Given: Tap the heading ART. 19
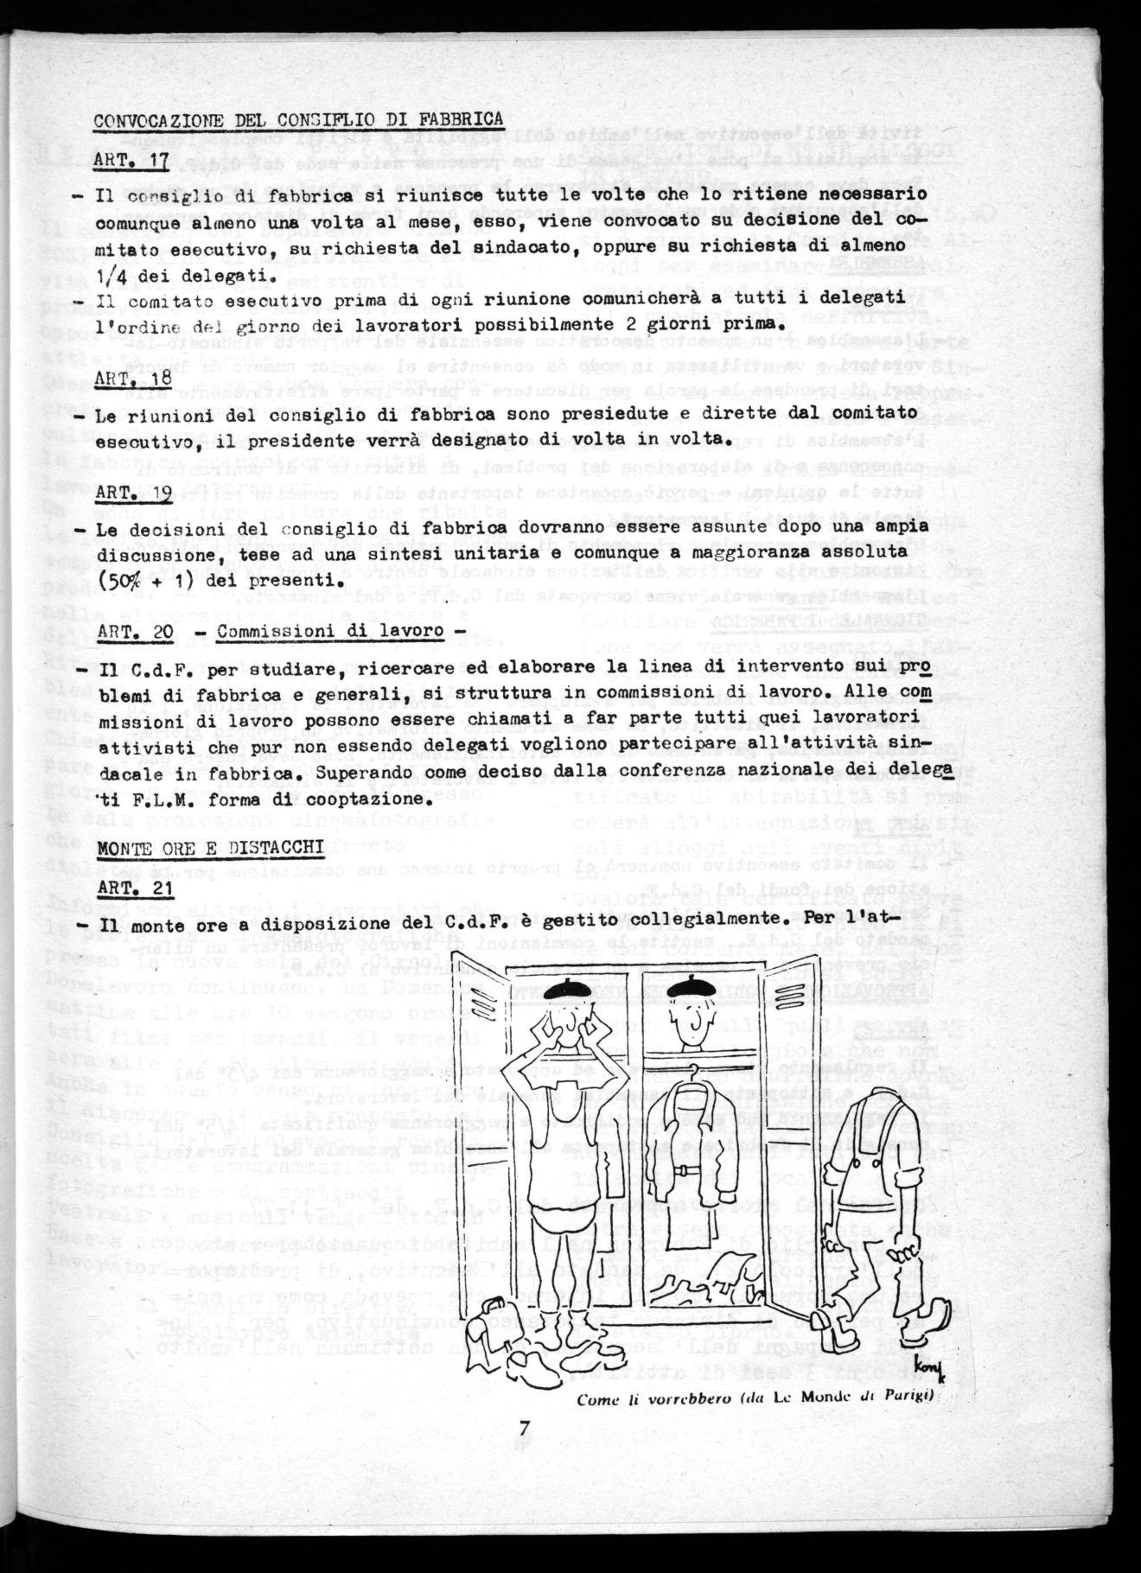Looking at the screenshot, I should (131, 495).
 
